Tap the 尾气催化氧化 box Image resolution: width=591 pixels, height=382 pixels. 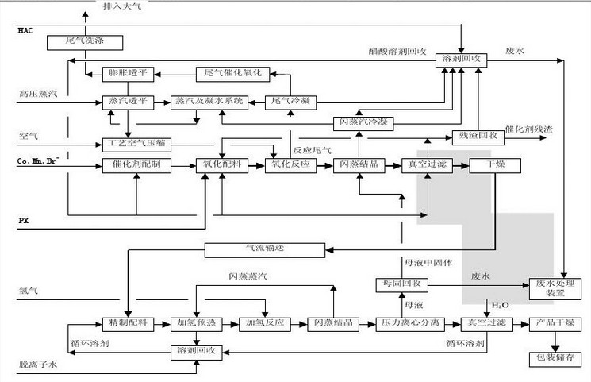pos(234,73)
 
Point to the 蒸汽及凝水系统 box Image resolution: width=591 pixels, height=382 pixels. pos(209,101)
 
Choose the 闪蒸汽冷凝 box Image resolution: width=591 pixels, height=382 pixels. pos(363,122)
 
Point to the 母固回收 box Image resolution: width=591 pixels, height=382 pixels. pos(401,284)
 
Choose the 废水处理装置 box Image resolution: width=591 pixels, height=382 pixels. pos(555,288)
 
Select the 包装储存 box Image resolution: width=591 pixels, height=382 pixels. pos(555,357)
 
